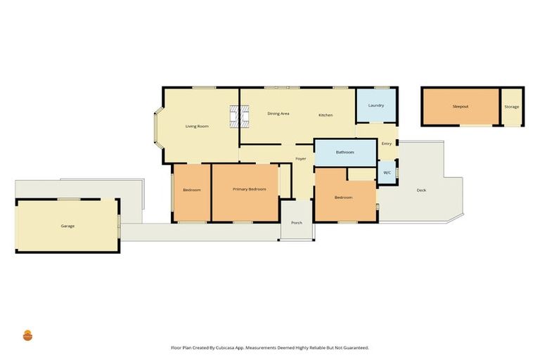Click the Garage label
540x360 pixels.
(x=67, y=226)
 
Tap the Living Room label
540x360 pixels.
(x=197, y=127)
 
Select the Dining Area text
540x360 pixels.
(x=278, y=113)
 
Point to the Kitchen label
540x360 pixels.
(x=326, y=115)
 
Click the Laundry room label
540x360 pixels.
(x=376, y=105)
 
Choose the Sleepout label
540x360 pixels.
(x=461, y=106)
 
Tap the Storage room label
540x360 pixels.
(x=512, y=107)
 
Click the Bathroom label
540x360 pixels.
(x=345, y=152)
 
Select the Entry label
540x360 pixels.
(x=387, y=144)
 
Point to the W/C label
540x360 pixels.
(x=387, y=172)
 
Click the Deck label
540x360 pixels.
(x=421, y=190)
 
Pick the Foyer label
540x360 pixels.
(x=300, y=159)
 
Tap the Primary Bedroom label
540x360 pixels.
(x=250, y=190)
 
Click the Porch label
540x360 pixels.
(x=297, y=223)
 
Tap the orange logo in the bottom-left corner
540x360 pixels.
(x=28, y=335)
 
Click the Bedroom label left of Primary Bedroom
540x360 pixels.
(x=192, y=191)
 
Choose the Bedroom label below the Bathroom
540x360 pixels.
(x=343, y=198)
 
